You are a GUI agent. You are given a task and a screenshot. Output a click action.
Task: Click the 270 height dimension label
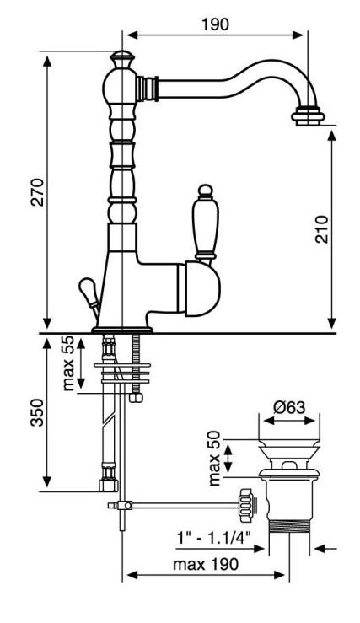coord(38,192)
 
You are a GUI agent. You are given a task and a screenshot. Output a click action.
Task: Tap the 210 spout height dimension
coord(322,229)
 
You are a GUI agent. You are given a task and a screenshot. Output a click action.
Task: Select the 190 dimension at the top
coord(215,24)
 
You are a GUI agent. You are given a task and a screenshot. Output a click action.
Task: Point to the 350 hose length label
coord(38,412)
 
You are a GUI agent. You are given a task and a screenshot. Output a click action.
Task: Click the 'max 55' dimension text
coord(68,363)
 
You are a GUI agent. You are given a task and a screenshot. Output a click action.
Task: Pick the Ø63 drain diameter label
coord(289,407)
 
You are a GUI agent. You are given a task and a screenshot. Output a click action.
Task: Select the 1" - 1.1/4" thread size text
coord(213,539)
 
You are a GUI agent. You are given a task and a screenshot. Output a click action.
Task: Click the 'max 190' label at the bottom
coord(206,564)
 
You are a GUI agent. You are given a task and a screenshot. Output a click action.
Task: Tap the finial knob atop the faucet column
coord(122,60)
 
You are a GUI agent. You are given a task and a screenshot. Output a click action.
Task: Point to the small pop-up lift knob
coord(89,290)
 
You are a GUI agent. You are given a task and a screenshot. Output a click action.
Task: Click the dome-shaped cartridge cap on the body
coord(202,289)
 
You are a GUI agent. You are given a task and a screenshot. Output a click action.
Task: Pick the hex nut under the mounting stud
coord(136,397)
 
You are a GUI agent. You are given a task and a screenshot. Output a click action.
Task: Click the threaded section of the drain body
coord(288,526)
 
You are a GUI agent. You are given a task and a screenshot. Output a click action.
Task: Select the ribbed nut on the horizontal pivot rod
coord(245,505)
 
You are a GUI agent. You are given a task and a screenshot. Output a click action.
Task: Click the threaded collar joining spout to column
coord(147,89)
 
